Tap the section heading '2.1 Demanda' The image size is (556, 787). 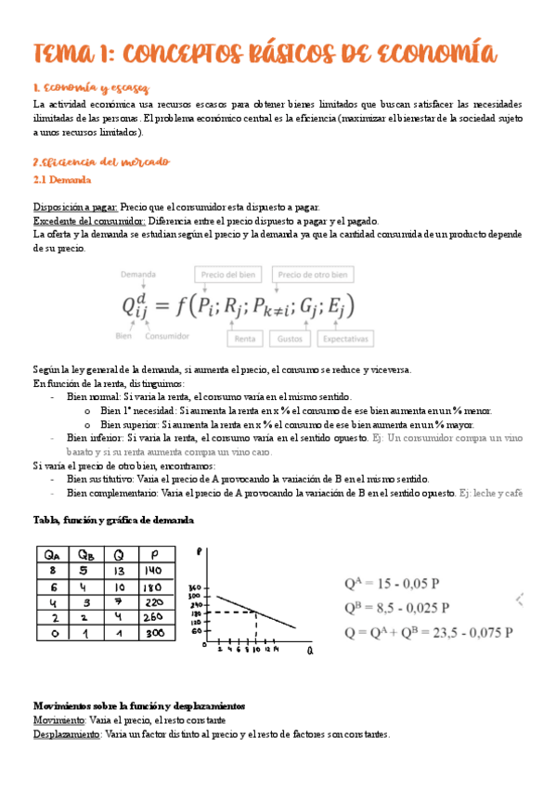point(61,178)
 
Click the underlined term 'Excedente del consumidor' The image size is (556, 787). point(88,221)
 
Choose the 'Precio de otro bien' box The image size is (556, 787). point(313,275)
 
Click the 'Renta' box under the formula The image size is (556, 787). point(245,339)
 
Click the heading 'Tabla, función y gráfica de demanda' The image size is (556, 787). point(113,520)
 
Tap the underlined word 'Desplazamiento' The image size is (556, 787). point(67,733)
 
